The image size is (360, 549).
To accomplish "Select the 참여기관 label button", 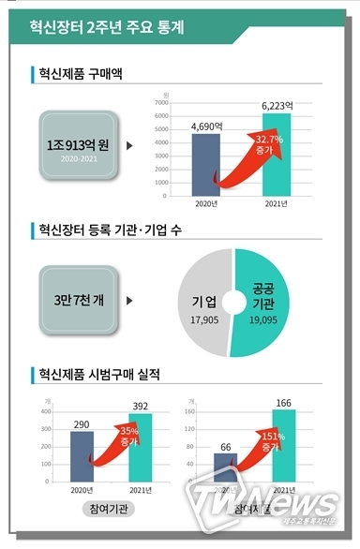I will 107,509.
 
